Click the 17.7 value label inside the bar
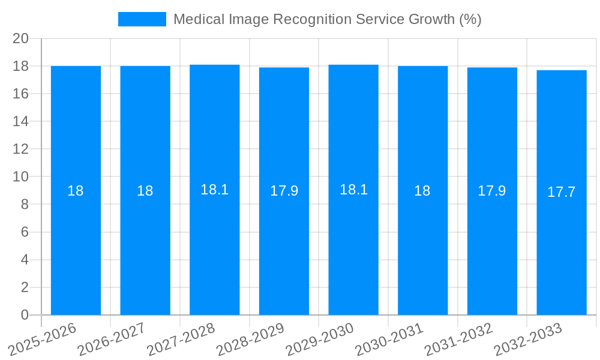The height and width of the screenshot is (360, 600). [561, 192]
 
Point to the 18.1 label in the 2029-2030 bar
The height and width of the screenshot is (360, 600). [353, 190]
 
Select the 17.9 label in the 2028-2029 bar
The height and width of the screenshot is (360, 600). [284, 191]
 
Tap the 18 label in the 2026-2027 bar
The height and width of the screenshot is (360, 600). [145, 191]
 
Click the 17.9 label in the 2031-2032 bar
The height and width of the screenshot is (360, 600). [491, 191]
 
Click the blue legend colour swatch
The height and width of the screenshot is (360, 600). [142, 19]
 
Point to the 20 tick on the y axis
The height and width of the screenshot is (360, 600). [21, 38]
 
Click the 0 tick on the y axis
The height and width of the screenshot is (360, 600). [25, 315]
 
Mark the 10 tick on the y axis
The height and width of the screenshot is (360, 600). [21, 177]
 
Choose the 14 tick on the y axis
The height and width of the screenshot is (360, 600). [21, 121]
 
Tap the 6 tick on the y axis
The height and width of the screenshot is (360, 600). [25, 232]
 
